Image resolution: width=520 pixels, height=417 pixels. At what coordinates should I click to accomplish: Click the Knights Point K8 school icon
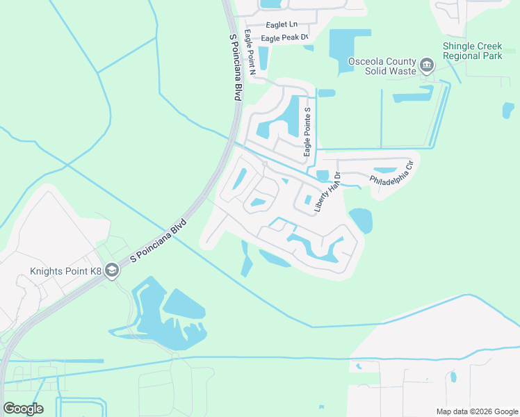pyautogui.click(x=112, y=272)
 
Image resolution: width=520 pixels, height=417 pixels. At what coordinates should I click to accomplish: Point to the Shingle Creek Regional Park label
pyautogui.click(x=472, y=51)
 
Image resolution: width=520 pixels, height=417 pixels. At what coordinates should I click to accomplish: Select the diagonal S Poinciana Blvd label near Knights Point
pyautogui.click(x=159, y=240)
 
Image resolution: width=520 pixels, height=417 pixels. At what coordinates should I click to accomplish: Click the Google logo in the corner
pyautogui.click(x=23, y=409)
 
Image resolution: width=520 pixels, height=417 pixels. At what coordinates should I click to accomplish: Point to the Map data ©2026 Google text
pyautogui.click(x=476, y=411)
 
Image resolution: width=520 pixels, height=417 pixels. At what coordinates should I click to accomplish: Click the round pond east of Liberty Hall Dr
pyautogui.click(x=361, y=220)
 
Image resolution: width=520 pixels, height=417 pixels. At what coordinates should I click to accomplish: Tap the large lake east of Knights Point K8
pyautogui.click(x=182, y=309)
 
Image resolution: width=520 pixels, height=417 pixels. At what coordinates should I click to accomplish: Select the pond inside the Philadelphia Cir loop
pyautogui.click(x=384, y=170)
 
